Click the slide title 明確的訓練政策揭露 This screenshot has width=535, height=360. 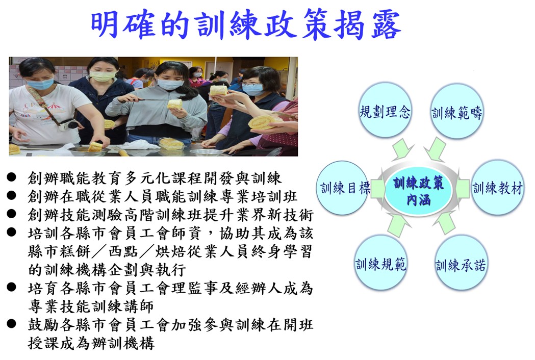click(246, 24)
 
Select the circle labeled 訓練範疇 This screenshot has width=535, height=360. click(456, 112)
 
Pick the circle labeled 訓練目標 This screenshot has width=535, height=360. click(343, 188)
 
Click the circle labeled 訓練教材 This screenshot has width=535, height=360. click(497, 188)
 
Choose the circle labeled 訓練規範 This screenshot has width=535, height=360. click(381, 263)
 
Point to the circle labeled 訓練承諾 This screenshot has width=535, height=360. click(460, 264)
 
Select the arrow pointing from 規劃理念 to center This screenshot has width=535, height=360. click(402, 149)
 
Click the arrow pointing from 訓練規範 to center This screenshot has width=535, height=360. click(398, 225)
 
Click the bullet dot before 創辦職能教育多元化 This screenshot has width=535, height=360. click(11, 177)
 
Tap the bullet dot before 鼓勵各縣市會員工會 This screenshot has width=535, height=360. click(11, 323)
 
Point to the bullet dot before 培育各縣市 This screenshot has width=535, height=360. click(11, 287)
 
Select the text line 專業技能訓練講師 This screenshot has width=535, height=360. click(91, 306)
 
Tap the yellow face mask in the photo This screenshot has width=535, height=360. click(101, 76)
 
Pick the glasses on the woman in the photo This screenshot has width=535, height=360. click(251, 84)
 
